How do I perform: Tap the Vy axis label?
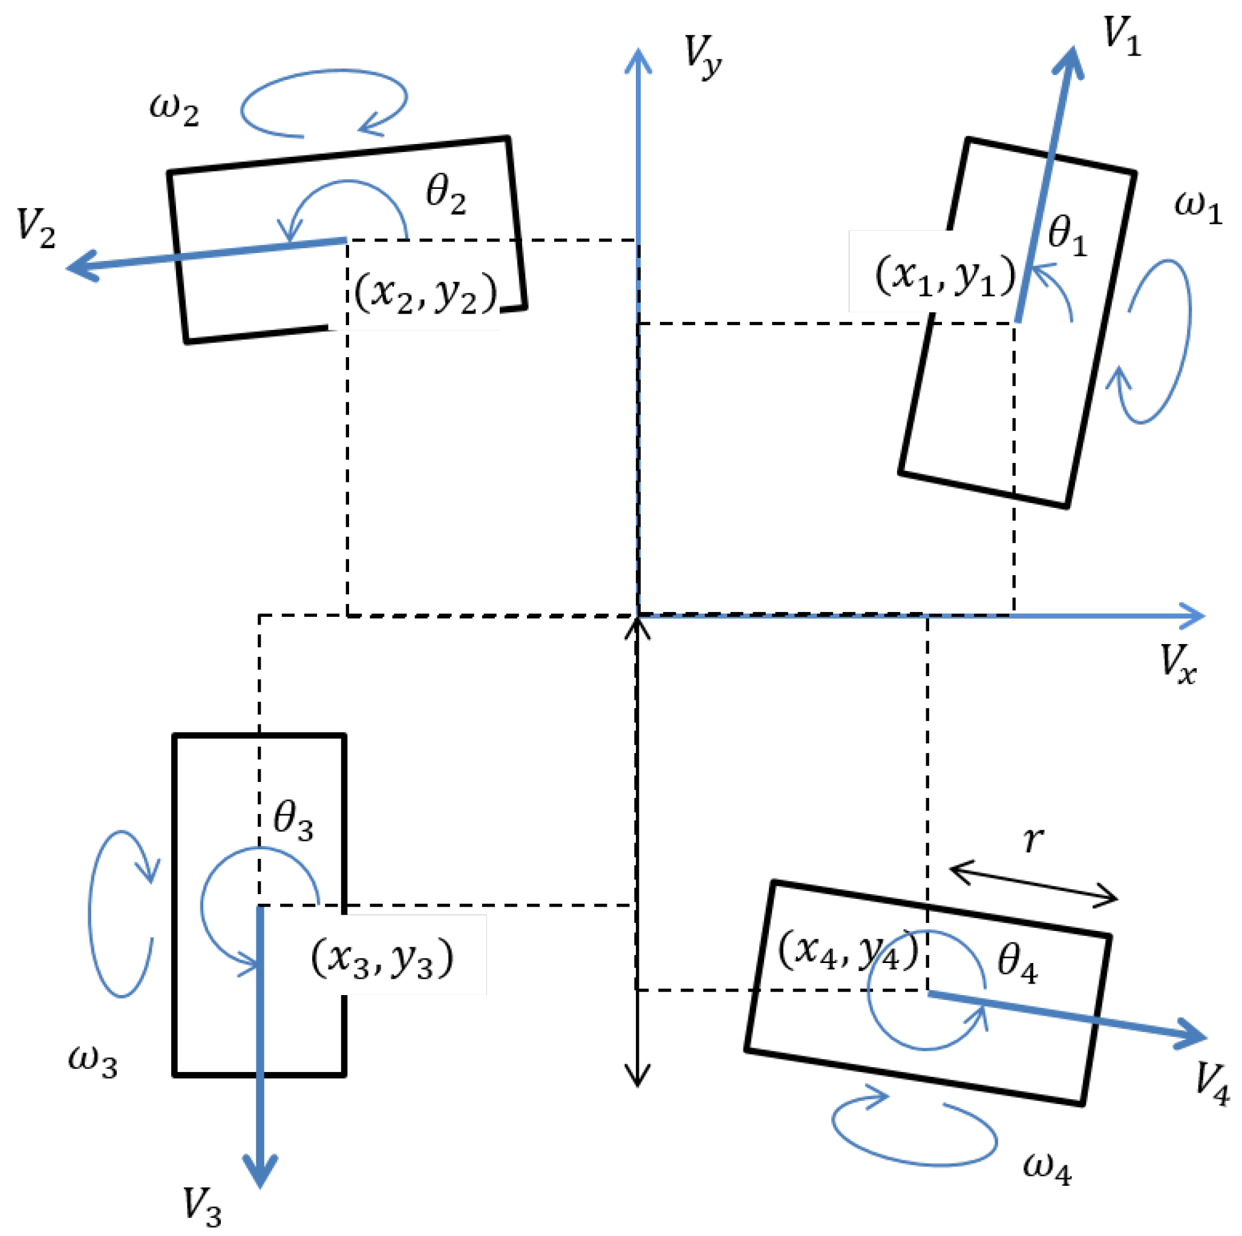click(701, 56)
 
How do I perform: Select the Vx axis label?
click(1178, 663)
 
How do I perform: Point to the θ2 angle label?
click(445, 194)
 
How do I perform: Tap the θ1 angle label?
click(1067, 235)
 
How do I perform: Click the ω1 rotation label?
click(1197, 207)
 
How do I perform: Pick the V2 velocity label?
click(35, 227)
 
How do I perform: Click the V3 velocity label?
click(202, 1205)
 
